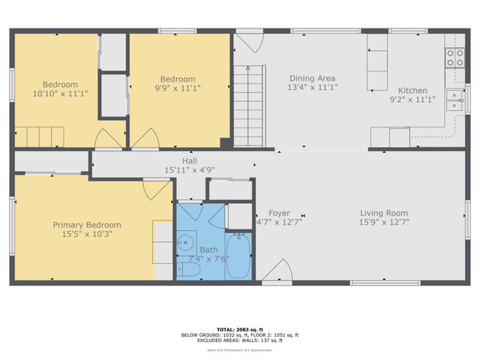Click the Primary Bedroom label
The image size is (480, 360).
pyautogui.click(x=86, y=224)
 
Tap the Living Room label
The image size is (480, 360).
pyautogui.click(x=383, y=213)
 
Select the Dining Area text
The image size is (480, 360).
pyautogui.click(x=313, y=78)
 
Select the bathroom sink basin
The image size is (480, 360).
pyautogui.click(x=185, y=243)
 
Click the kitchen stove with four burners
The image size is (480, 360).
pyautogui.click(x=455, y=58)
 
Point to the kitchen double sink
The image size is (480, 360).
pyautogui.click(x=454, y=100)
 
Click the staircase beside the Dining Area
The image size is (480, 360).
pyautogui.click(x=250, y=105)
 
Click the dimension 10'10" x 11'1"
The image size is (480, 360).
pyautogui.click(x=55, y=94)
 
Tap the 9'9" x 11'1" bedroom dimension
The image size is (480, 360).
pyautogui.click(x=178, y=88)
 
